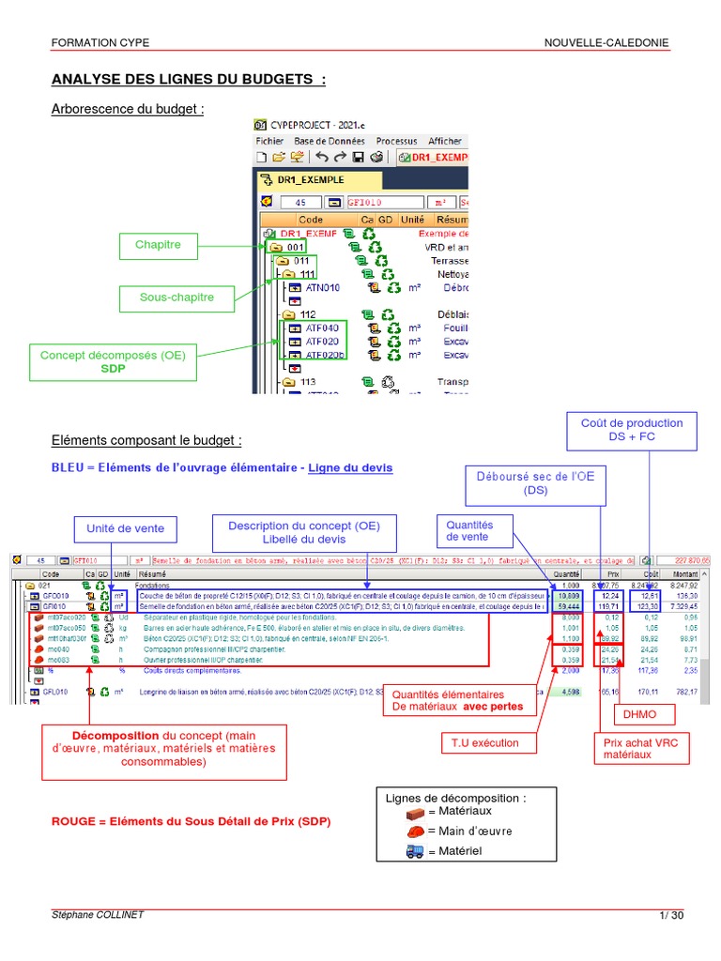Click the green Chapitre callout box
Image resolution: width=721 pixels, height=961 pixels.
158,246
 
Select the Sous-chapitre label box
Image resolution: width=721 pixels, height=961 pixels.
177,297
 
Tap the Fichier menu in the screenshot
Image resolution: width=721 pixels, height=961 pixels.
269,141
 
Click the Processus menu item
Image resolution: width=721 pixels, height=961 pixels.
396,141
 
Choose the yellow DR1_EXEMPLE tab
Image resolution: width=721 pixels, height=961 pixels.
318,179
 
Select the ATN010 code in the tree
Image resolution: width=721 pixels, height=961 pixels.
322,287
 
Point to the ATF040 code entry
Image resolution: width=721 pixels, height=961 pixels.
322,328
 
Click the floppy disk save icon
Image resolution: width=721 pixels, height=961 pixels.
358,157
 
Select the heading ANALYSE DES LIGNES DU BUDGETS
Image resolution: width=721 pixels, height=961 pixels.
188,79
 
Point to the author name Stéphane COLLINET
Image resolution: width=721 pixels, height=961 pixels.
99,915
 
